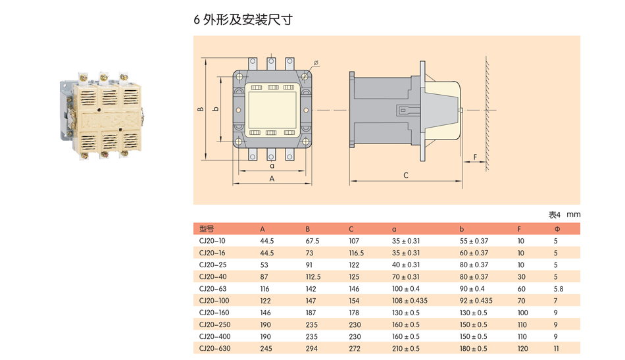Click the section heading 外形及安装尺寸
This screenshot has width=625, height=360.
click(x=248, y=20)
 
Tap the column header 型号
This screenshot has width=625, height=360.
click(x=207, y=229)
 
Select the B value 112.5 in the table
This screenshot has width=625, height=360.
click(x=313, y=276)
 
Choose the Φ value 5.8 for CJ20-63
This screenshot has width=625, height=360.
click(x=558, y=288)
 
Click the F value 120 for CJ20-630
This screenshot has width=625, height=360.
click(x=522, y=348)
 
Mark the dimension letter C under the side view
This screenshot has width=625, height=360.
click(x=406, y=175)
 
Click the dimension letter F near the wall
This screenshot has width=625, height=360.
click(x=475, y=157)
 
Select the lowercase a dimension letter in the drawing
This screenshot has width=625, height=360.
click(x=272, y=167)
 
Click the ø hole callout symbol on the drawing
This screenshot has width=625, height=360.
click(x=316, y=63)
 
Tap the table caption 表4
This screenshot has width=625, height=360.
click(x=555, y=215)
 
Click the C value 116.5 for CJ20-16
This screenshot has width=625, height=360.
click(x=356, y=253)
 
